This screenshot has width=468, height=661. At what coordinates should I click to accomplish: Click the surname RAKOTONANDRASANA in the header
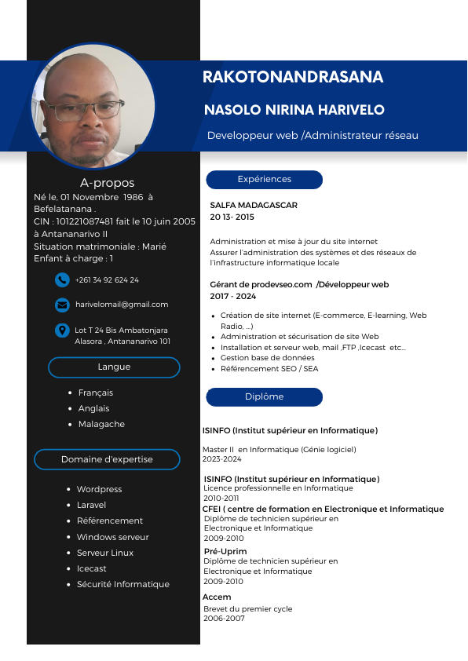point(293,77)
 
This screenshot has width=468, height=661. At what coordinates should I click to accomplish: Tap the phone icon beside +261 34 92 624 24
point(62,279)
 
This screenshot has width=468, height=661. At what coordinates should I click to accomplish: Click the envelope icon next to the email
point(62,305)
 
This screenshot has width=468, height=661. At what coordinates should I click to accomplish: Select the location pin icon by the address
point(62,331)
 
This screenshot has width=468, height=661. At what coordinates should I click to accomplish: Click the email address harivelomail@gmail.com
point(122,305)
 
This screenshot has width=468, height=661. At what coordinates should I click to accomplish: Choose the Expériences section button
point(264,180)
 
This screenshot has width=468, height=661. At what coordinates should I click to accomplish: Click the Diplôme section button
point(264,397)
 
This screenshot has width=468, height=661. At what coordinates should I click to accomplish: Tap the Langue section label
point(114,367)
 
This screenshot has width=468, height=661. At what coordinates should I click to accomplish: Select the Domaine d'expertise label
point(107,459)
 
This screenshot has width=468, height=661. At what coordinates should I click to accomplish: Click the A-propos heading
point(108,183)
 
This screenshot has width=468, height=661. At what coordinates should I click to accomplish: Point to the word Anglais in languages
point(93,408)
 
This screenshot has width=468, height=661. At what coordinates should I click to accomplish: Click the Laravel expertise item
point(91,505)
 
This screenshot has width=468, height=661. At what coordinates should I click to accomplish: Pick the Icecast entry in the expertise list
point(91,568)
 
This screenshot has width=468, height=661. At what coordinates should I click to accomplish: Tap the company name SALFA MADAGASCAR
point(254,205)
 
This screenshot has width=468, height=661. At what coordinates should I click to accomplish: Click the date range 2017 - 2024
point(233,296)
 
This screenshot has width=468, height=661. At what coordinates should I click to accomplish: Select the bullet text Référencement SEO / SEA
point(269,368)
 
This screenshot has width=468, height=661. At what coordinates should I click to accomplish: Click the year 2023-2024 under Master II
point(222,459)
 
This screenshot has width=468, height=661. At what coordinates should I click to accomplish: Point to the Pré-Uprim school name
point(225,551)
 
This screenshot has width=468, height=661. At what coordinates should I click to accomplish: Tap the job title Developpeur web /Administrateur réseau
point(313,136)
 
